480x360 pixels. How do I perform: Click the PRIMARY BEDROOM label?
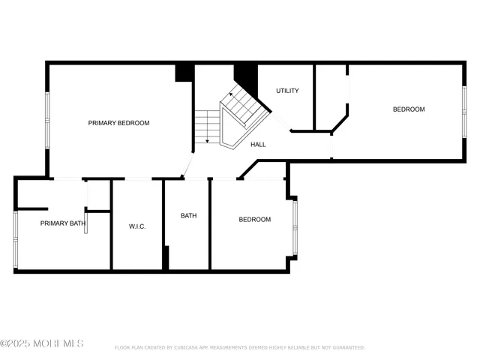[118, 123]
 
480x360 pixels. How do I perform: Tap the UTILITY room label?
[287, 91]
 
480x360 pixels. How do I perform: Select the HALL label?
[258, 145]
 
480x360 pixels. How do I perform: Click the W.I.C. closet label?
[136, 226]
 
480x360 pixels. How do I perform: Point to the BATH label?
[188, 216]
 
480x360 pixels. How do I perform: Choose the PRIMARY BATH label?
[63, 223]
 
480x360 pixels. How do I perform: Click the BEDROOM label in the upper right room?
[409, 109]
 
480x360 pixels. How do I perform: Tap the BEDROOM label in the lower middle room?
[255, 220]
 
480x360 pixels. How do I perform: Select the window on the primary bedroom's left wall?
[47, 120]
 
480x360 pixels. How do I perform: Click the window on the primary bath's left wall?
[15, 238]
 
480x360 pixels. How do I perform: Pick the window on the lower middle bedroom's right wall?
[295, 226]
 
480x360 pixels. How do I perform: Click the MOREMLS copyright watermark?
[42, 343]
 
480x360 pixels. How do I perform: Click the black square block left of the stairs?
[184, 72]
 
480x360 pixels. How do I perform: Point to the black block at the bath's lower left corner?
[166, 257]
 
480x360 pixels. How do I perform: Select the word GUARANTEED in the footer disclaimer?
[346, 348]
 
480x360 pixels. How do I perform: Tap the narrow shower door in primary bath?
[85, 223]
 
